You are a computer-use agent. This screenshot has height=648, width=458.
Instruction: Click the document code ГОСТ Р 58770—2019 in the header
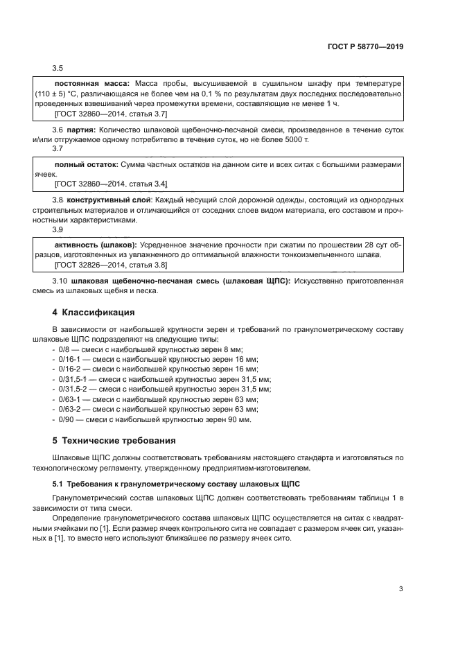pyautogui.click(x=365, y=47)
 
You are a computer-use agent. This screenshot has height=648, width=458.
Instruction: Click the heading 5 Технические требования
pyautogui.click(x=109, y=440)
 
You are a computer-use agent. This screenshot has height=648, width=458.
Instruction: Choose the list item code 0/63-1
pyautogui.click(x=68, y=400)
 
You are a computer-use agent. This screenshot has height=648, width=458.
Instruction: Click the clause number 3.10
pyautogui.click(x=60, y=281)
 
